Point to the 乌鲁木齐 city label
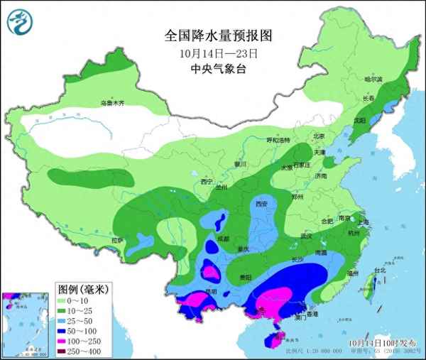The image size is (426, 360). pyautogui.click(x=111, y=103)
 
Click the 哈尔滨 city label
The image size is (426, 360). pyautogui.click(x=373, y=79)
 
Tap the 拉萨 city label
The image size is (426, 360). pyautogui.click(x=117, y=241)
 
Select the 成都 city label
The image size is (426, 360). pyautogui.click(x=224, y=239)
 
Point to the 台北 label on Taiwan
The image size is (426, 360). pyautogui.click(x=380, y=271)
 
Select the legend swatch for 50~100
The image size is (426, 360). pyautogui.click(x=63, y=331)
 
